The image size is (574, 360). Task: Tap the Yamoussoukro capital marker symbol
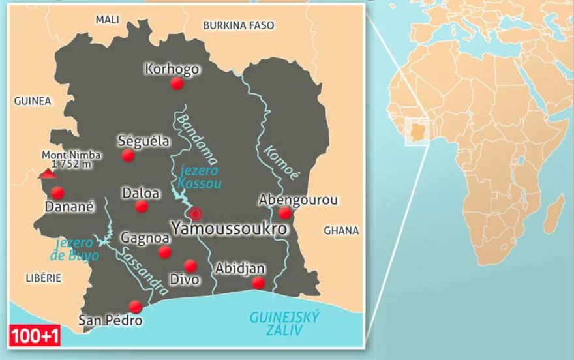pyautogui.click(x=195, y=213)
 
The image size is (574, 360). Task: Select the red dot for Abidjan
pyautogui.click(x=258, y=282)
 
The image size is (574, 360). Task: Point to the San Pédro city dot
pyautogui.click(x=136, y=307)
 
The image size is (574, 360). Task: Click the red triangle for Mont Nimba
pyautogui.click(x=46, y=173)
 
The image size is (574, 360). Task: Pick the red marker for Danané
pyautogui.click(x=57, y=192)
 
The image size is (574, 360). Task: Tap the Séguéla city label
pyautogui.click(x=143, y=140)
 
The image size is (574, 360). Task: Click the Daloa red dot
pyautogui.click(x=142, y=207)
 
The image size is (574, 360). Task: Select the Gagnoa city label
pyautogui.click(x=145, y=238)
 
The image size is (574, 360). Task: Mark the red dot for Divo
pyautogui.click(x=190, y=265)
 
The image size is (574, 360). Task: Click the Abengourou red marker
pyautogui.click(x=285, y=213)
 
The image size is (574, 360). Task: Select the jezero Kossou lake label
pyautogui.click(x=200, y=177)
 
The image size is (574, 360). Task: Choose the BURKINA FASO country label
pyautogui.click(x=239, y=25)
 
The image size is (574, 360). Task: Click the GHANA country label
pyautogui.click(x=341, y=230)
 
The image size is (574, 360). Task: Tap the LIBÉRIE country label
pyautogui.click(x=43, y=278)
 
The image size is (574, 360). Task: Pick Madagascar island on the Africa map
pyautogui.click(x=554, y=215)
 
